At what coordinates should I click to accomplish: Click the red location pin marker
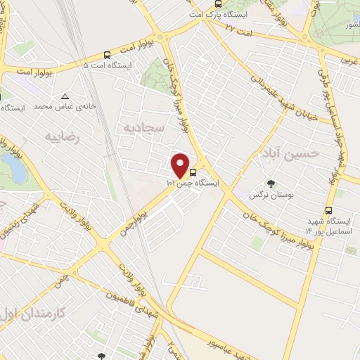click(181, 165)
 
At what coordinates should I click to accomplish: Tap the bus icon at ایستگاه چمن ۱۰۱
click(193, 171)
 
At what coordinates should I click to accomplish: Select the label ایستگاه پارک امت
click(217, 15)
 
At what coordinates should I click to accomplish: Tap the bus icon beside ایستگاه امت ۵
click(107, 54)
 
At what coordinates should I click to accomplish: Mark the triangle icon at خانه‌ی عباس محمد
click(65, 96)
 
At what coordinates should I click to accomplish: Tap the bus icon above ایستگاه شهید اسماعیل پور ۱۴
click(328, 210)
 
